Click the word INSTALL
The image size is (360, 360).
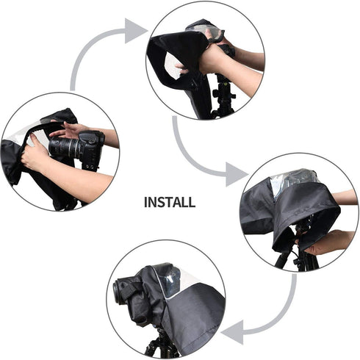[169, 202]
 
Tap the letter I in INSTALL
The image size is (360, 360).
[146, 202]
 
